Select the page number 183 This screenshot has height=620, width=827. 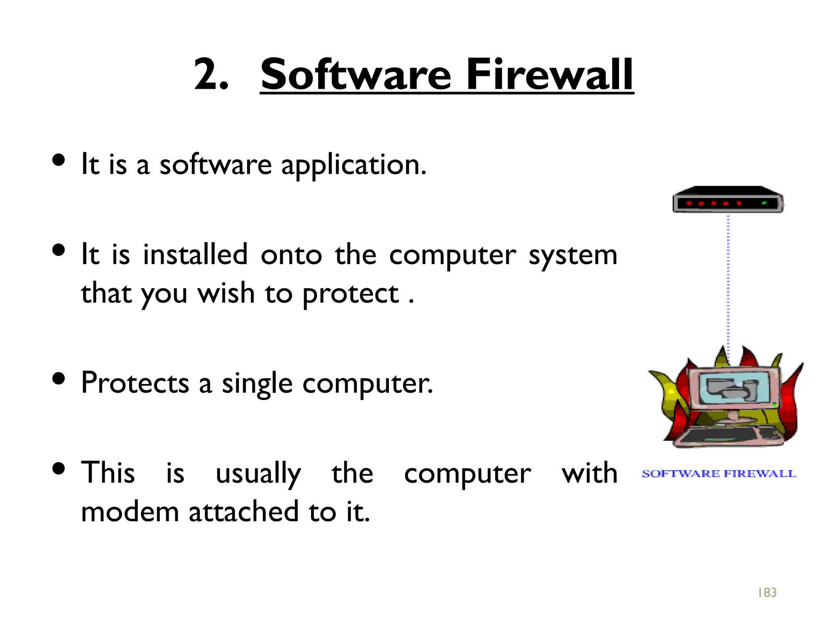[x=767, y=592]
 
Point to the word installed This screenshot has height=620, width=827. [x=195, y=255]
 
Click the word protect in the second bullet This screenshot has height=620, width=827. [x=351, y=294]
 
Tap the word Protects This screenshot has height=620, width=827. [x=135, y=383]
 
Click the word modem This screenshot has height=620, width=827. [x=130, y=512]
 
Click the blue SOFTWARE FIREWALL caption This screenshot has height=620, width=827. [x=719, y=474]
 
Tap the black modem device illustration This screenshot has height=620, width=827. [x=727, y=199]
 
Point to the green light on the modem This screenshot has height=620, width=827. [x=764, y=203]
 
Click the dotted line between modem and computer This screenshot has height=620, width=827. [x=728, y=283]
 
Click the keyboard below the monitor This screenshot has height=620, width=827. [x=731, y=436]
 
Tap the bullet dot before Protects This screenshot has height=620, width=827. [x=59, y=379]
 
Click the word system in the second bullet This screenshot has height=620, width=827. [x=573, y=256]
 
